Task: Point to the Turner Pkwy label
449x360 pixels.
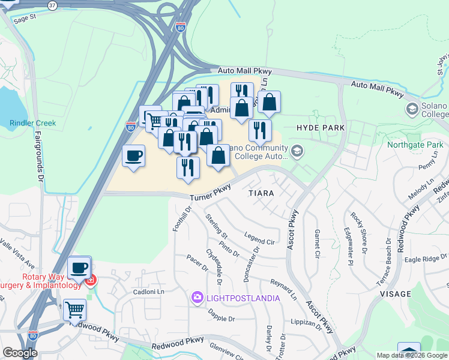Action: [x=210, y=193]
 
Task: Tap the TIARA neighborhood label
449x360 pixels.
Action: [x=262, y=193]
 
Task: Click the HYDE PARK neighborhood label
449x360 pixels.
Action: [x=320, y=128]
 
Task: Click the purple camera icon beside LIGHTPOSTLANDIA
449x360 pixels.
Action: [x=197, y=298]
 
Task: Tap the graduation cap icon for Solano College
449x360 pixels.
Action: [x=412, y=109]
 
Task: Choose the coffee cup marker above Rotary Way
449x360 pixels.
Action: [x=79, y=268]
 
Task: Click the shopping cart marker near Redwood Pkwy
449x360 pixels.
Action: [x=75, y=310]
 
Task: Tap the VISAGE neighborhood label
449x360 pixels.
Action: [x=396, y=294]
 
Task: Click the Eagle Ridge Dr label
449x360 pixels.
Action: [x=426, y=258]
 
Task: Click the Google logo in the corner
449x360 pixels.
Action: [x=19, y=353]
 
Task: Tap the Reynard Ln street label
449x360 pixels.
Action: [x=283, y=288]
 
